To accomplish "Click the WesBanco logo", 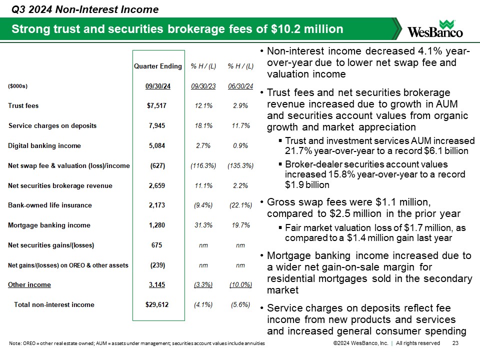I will pos(435,29).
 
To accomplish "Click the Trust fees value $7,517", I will pos(157,106).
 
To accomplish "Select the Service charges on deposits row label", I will pos(52,125).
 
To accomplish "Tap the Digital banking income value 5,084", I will pos(157,146).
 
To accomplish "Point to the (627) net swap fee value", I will pos(157,165).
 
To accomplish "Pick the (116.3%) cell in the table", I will pos(203,165).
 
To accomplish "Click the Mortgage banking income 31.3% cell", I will pos(203,225).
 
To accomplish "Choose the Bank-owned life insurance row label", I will pos(50,205).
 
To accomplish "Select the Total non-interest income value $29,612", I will pos(157,304).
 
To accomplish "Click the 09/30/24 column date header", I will pos(158,86).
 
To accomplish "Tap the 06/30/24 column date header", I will pos(240,86).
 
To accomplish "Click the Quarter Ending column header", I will pos(158,66).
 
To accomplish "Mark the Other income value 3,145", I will pos(157,284).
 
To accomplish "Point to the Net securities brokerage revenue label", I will pos(60,185).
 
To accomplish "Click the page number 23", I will pos(455,343).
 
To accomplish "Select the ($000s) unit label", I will pos(17,86).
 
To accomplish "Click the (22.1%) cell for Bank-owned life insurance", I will pos(240,205).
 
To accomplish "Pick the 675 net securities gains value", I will pos(157,245).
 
